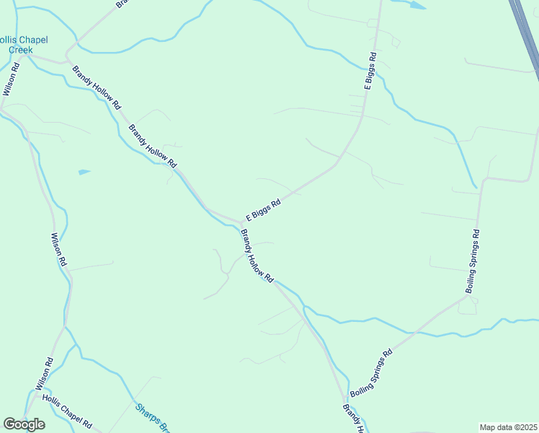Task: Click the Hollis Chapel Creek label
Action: (19, 44)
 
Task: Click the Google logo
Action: (24, 424)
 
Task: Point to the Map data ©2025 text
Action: (509, 427)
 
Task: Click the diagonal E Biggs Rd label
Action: (262, 210)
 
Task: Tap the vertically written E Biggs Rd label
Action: (370, 71)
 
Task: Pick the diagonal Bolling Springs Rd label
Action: (370, 374)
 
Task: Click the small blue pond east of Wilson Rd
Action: (84, 172)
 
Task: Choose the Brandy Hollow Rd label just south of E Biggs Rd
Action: (257, 256)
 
